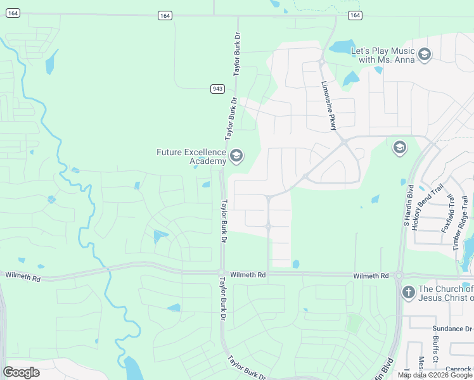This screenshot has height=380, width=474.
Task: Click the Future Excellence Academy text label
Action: pos(191,156)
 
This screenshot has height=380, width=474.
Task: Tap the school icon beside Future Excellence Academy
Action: pos(236,156)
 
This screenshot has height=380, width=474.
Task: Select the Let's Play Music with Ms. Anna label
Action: pos(383,55)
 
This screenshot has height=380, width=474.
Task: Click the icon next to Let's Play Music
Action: pos(425,55)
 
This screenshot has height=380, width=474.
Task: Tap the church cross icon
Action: pos(409,293)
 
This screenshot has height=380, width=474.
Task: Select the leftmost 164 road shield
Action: pos(14,13)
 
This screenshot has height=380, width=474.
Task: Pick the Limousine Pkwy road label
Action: pos(329,105)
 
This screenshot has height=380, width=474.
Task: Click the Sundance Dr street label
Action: pos(452,329)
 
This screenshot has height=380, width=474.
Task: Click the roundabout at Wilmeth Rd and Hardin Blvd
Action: pos(399,275)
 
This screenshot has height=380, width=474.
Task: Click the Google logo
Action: pos(22,372)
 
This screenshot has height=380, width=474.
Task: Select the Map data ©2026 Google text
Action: pos(435,375)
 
